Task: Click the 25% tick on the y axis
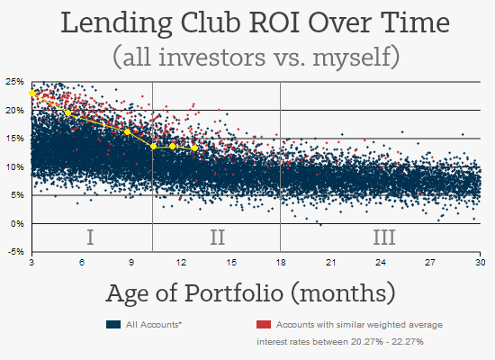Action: click(13, 81)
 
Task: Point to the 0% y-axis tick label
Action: click(16, 223)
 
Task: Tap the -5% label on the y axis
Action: click(14, 252)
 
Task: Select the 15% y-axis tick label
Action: click(13, 138)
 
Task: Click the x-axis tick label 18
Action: click(281, 262)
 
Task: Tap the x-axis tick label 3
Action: click(31, 262)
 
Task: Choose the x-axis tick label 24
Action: click(381, 262)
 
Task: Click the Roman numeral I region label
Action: click(90, 238)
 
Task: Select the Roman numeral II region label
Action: click(217, 238)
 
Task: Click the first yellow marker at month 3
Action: click(32, 93)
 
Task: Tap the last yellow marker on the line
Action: click(194, 148)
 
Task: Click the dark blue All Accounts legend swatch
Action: click(113, 323)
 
